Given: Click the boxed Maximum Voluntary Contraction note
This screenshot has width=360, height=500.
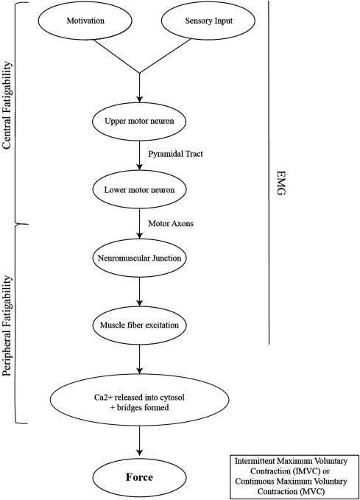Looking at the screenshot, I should (x=294, y=476).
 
